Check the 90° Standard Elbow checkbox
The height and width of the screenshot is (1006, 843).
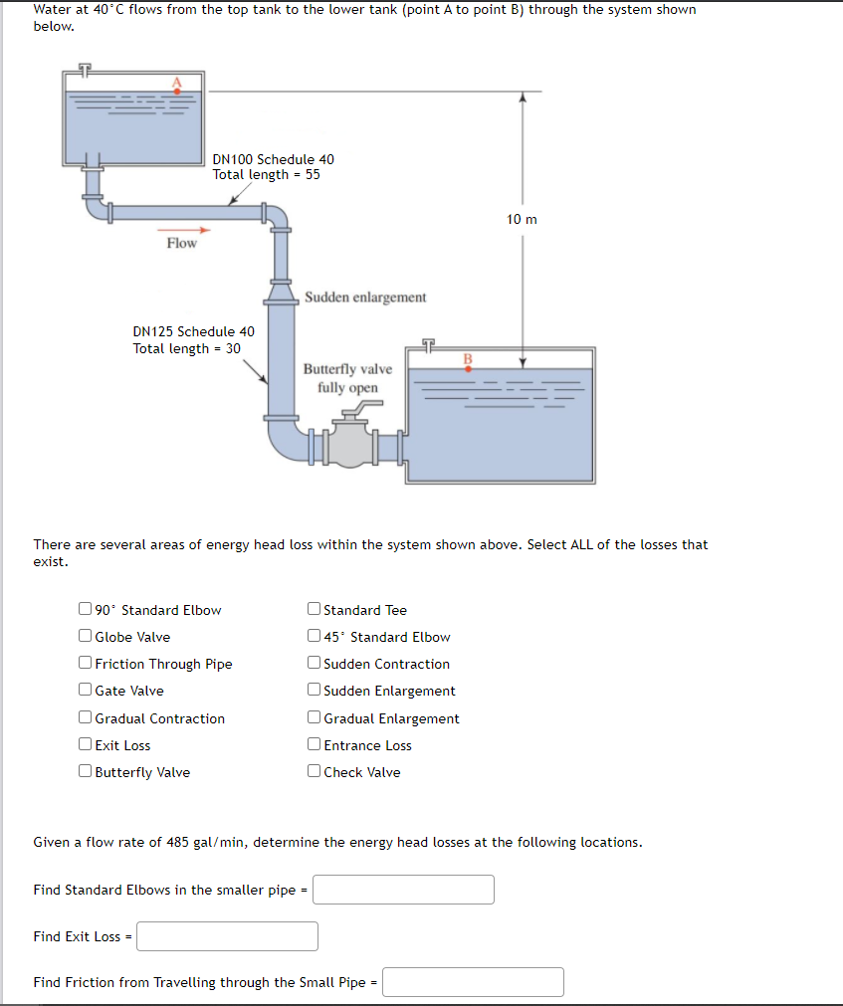coord(86,610)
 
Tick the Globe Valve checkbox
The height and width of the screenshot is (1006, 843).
coord(86,637)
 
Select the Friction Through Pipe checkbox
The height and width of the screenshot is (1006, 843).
coord(86,664)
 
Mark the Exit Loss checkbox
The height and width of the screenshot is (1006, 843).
coord(86,745)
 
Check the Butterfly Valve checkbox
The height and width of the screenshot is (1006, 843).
coord(86,772)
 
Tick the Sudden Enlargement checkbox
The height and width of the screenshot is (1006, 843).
coord(315,691)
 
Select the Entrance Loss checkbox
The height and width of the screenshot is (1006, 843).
coord(315,745)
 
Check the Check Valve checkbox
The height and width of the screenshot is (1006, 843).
coord(315,772)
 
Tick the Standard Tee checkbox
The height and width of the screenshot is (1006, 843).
coord(315,610)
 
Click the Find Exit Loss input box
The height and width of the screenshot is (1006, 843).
coord(228,936)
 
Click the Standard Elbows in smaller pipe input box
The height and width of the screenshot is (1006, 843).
coord(403,890)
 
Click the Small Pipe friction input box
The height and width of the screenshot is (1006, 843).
coord(473,982)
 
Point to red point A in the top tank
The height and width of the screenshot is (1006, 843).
coord(178,91)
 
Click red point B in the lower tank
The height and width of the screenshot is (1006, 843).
coord(469,367)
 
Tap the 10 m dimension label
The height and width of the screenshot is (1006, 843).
coord(521,219)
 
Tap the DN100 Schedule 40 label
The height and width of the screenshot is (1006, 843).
coord(274,159)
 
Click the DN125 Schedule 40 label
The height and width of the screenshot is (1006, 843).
coord(193,331)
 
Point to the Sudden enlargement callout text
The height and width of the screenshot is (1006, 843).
coord(365,297)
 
